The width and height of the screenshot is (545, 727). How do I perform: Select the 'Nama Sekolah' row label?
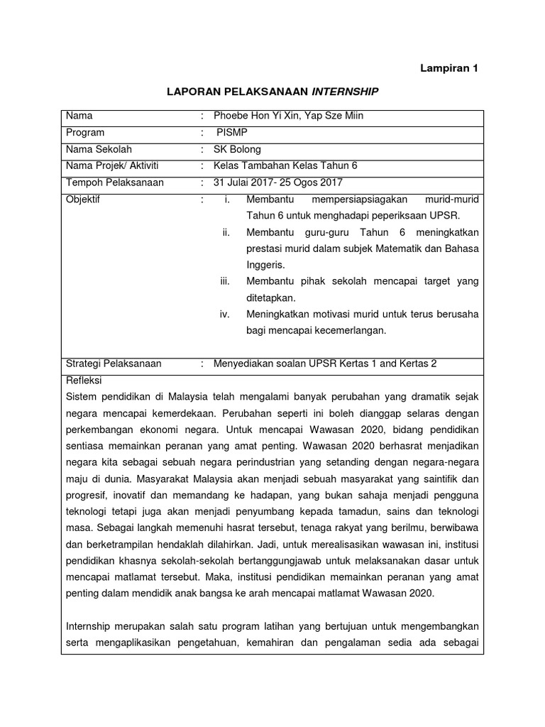pos(99,149)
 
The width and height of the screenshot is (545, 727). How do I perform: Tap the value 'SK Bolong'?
pos(238,149)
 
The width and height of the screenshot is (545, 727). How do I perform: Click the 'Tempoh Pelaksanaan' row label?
pos(114,182)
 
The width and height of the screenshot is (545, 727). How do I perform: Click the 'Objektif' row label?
pos(83,199)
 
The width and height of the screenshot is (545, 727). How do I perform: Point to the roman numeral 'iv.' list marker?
pos(225,315)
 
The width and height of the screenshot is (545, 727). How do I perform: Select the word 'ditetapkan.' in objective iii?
pos(270,298)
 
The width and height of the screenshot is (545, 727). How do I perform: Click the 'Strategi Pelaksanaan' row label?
pos(114,363)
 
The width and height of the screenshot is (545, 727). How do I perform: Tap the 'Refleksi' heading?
pos(84,381)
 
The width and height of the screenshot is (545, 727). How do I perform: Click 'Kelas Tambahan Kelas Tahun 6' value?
pos(286,165)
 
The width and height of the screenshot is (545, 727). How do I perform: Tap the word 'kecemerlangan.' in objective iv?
pos(341,331)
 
